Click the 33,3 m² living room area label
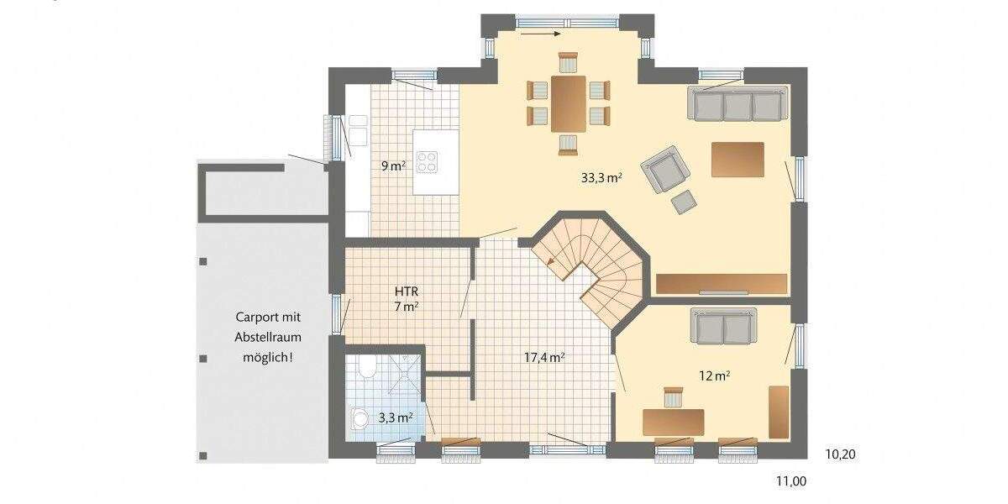(x=601, y=177)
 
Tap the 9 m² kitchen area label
(x=393, y=165)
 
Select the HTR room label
(x=406, y=291)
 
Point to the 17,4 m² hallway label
(x=543, y=357)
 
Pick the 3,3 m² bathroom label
(x=395, y=417)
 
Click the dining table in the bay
(x=569, y=103)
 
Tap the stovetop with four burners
(x=428, y=160)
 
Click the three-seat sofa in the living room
(x=737, y=104)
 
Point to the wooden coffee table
(x=738, y=159)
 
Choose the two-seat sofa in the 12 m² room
(x=723, y=325)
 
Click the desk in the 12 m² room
(x=673, y=421)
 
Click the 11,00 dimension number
(x=790, y=481)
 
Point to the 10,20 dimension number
(x=840, y=454)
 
